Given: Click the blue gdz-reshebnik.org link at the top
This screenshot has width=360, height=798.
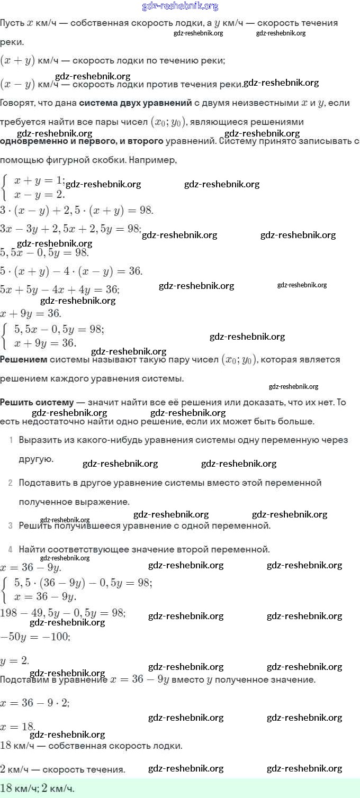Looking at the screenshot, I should click(180, 6).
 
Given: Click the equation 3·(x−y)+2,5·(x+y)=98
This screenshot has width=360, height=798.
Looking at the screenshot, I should click(77, 210).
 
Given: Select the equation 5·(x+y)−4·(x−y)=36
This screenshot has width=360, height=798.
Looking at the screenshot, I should click(71, 271).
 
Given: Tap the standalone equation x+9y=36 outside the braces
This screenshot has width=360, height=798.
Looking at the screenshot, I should click(31, 313).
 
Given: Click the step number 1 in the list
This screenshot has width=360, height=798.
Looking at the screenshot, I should click(11, 440).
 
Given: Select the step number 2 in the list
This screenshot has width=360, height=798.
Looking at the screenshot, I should click(11, 483).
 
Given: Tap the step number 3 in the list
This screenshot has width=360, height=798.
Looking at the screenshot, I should click(11, 525).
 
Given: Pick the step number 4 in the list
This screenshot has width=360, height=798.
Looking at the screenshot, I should click(11, 549).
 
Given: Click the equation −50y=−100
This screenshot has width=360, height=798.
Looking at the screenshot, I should click(35, 636).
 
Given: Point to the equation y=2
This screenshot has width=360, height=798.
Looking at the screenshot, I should click(14, 660).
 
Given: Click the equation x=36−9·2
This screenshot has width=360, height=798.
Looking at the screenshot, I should click(35, 703).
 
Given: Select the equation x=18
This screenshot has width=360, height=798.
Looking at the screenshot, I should click(17, 727).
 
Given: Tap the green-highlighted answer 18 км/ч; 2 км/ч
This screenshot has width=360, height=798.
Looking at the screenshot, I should click(38, 788).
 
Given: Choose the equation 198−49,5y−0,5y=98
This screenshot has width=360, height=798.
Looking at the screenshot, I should click(62, 613).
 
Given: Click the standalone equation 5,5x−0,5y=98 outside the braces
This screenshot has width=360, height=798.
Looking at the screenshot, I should click(44, 251).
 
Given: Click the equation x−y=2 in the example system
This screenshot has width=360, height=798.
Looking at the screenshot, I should click(39, 194).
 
